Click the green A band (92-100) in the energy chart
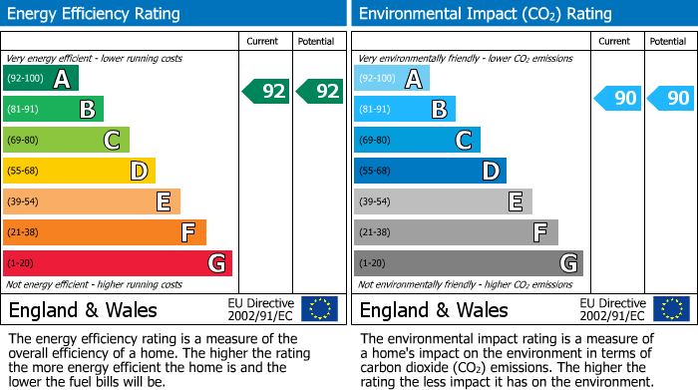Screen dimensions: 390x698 pyautogui.click(x=41, y=79)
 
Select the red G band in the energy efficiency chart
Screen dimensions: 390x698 pyautogui.click(x=118, y=263)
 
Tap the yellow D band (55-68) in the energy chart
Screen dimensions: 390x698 pyautogui.click(x=80, y=172)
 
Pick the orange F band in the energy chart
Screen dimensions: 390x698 pyautogui.click(x=105, y=232)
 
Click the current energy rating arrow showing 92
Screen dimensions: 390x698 pyautogui.click(x=266, y=92)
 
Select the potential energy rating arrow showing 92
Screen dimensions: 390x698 pyautogui.click(x=320, y=92)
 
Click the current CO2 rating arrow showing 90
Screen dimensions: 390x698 pyautogui.click(x=617, y=98)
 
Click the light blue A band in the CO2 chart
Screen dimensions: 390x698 pyautogui.click(x=392, y=79)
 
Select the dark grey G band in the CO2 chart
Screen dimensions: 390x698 pyautogui.click(x=469, y=263)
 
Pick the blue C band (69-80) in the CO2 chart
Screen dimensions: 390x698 pyautogui.click(x=417, y=141)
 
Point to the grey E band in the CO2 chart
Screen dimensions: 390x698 pyautogui.click(x=443, y=201)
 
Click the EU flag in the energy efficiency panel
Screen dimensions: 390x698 pyautogui.click(x=319, y=309)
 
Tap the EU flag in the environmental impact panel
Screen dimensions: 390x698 pyautogui.click(x=671, y=309)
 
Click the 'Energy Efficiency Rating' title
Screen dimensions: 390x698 pyautogui.click(x=95, y=14)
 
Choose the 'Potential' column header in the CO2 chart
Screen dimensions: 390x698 pyautogui.click(x=668, y=41)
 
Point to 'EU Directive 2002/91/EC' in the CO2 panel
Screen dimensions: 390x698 pyautogui.click(x=612, y=309)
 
